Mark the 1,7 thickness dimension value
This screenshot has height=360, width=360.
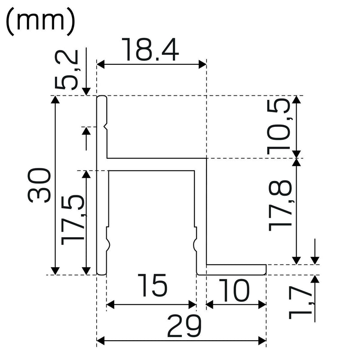coord(299,301)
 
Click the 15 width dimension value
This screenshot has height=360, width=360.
coord(152,286)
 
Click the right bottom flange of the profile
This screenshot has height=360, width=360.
coord(236,269)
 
